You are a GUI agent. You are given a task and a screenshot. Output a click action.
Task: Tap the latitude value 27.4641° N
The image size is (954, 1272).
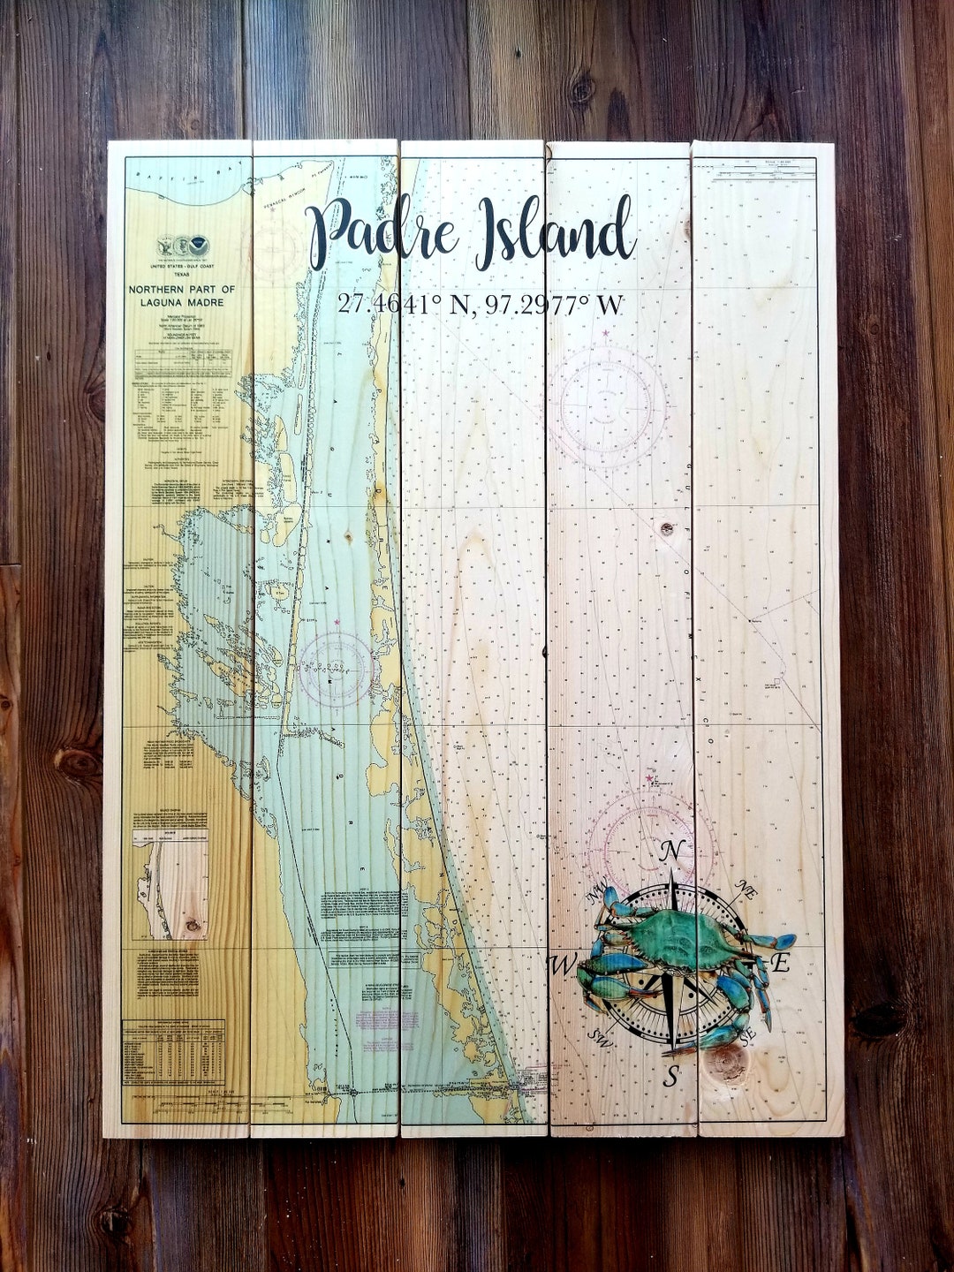tap(403, 305)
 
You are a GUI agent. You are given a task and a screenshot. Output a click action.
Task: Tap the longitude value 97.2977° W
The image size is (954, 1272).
tap(554, 305)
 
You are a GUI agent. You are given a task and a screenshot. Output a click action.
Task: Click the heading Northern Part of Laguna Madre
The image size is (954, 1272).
tap(182, 296)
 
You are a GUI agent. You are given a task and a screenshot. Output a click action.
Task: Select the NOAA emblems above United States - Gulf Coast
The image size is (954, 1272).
tap(183, 246)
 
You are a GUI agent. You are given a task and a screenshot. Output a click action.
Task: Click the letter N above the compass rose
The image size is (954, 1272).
tap(672, 852)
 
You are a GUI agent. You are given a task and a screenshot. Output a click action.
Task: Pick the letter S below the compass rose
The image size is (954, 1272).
tap(671, 1077)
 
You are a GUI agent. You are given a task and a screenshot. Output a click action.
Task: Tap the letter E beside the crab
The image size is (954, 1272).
tap(781, 963)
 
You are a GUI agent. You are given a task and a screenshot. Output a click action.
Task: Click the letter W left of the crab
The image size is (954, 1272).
tap(562, 964)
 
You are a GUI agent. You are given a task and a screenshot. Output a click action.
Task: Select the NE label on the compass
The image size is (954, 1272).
tap(747, 891)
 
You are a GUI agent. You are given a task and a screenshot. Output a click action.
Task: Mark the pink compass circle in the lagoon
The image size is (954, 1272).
tap(336, 669)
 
